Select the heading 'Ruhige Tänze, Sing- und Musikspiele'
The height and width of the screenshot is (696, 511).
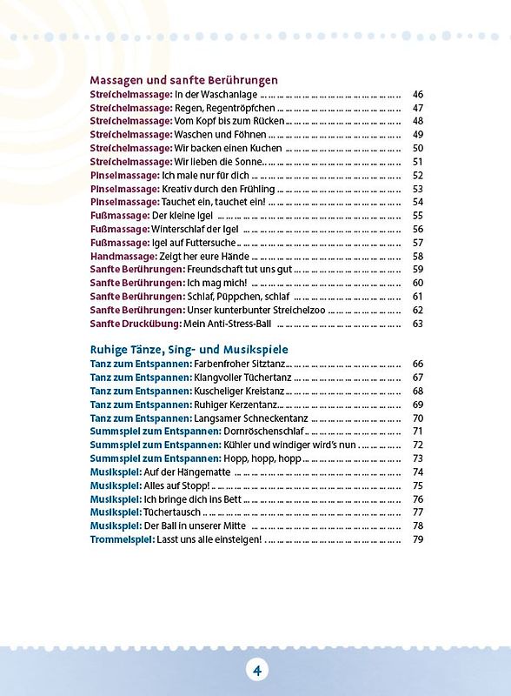click(x=189, y=349)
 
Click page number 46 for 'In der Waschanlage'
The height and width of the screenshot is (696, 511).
click(x=417, y=94)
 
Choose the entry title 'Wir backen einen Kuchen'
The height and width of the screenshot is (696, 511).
click(x=229, y=148)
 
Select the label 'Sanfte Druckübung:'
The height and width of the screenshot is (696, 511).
click(x=135, y=324)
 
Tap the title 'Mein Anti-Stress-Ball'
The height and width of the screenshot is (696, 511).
click(x=228, y=324)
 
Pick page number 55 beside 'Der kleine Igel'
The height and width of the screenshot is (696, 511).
click(x=417, y=216)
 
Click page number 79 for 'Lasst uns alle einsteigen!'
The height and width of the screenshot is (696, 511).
click(x=417, y=539)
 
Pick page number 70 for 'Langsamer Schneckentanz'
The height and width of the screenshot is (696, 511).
click(x=417, y=418)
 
